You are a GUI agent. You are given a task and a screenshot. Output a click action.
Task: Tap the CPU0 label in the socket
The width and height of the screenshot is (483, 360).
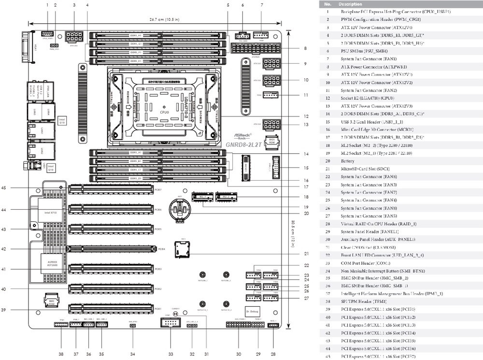tap(164, 112)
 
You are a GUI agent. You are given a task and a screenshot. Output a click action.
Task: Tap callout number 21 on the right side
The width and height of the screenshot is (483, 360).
tap(306, 253)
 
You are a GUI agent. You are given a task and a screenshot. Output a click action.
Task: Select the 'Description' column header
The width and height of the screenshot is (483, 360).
tap(351, 4)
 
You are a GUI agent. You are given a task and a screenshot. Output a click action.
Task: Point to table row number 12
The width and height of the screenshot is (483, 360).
tap(328, 98)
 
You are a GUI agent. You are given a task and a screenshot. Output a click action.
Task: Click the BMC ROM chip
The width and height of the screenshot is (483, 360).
tap(52, 302)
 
